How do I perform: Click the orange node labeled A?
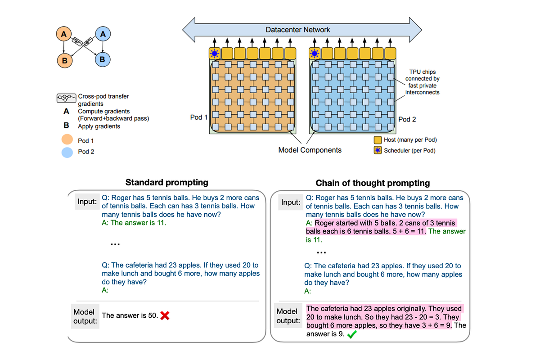pos(64,33)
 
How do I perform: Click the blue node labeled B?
pos(103,59)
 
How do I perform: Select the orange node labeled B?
pos(64,59)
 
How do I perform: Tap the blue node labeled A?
pos(103,34)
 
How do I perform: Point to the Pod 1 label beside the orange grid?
pos(199,117)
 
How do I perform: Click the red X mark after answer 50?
pos(165,316)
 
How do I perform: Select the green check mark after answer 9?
pos(353,334)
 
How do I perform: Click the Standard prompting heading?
pos(166,182)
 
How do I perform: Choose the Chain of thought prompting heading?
pos(373,183)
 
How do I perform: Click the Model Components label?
pos(310,150)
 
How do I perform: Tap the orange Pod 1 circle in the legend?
pos(67,140)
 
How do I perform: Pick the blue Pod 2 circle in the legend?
pos(67,152)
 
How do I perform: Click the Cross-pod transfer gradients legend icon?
pos(66,97)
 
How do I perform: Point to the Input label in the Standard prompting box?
pos(87,202)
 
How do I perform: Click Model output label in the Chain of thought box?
pos(287,316)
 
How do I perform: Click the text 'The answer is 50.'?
pos(130,315)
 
